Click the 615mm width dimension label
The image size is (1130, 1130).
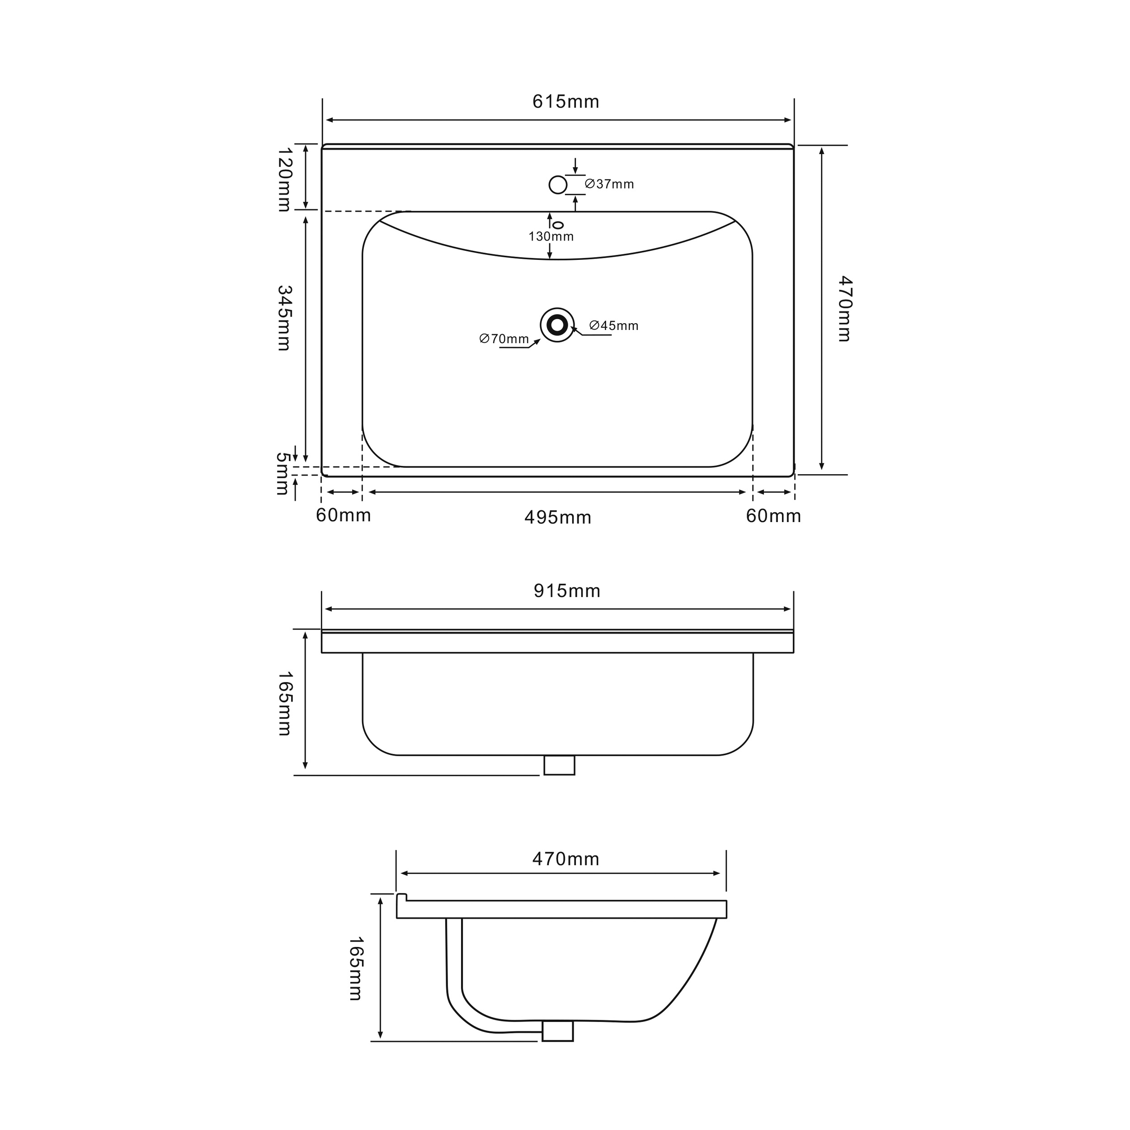(565, 102)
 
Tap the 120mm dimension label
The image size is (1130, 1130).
(284, 179)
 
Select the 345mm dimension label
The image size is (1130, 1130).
(284, 318)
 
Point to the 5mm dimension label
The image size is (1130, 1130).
(282, 474)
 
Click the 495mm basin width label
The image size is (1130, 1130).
(558, 518)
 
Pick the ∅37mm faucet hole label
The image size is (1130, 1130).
(609, 184)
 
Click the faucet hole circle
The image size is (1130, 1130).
(558, 185)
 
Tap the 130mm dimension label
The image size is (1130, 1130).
(551, 237)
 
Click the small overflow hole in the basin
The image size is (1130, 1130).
(558, 225)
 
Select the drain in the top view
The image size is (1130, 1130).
(557, 325)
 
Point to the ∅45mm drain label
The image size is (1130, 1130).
(613, 326)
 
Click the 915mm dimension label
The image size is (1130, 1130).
(567, 591)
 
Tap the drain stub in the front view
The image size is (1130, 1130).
(559, 765)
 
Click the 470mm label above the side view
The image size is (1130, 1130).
(565, 859)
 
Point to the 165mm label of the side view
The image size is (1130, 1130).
(356, 969)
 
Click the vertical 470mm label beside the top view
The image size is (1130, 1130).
(844, 309)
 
